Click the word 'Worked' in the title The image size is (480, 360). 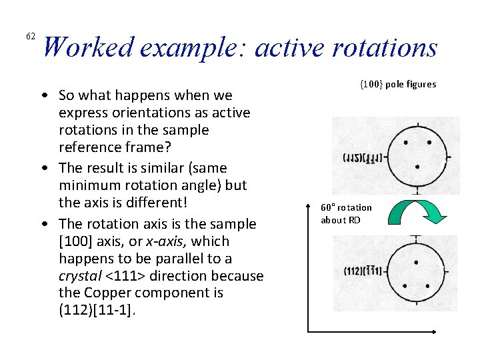click(89, 48)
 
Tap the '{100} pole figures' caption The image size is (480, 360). click(398, 84)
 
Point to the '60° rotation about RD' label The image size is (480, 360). click(346, 213)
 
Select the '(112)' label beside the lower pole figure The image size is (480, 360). click(351, 271)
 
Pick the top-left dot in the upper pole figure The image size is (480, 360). click(406, 141)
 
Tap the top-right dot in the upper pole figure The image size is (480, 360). click(429, 142)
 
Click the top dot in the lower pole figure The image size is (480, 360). click(417, 263)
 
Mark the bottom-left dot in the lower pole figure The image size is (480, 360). click(405, 286)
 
